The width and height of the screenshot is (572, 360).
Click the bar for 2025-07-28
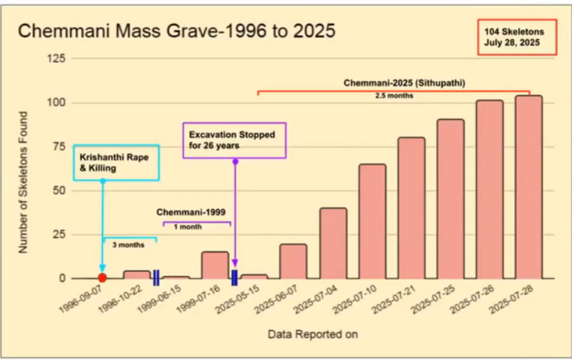pos(528,187)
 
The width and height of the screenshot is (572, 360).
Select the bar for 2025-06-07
pos(293,261)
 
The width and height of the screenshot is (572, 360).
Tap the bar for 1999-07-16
pos(215,265)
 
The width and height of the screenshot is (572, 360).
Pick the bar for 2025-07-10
pos(372,221)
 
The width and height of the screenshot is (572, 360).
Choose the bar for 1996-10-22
pos(137,275)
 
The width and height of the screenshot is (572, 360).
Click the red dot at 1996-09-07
pos(102,278)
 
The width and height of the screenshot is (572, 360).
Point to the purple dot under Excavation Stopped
pos(235,161)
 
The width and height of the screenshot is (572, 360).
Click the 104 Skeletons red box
pos(517,38)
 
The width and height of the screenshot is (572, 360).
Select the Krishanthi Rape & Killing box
pos(116,162)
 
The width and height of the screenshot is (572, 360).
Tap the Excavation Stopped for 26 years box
pos(234,140)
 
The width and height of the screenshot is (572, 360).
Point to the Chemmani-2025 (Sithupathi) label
pos(405,83)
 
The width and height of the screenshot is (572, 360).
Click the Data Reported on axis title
pos(312,335)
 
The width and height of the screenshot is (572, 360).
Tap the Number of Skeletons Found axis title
pos(23,182)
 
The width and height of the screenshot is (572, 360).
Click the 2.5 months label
pos(394,95)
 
